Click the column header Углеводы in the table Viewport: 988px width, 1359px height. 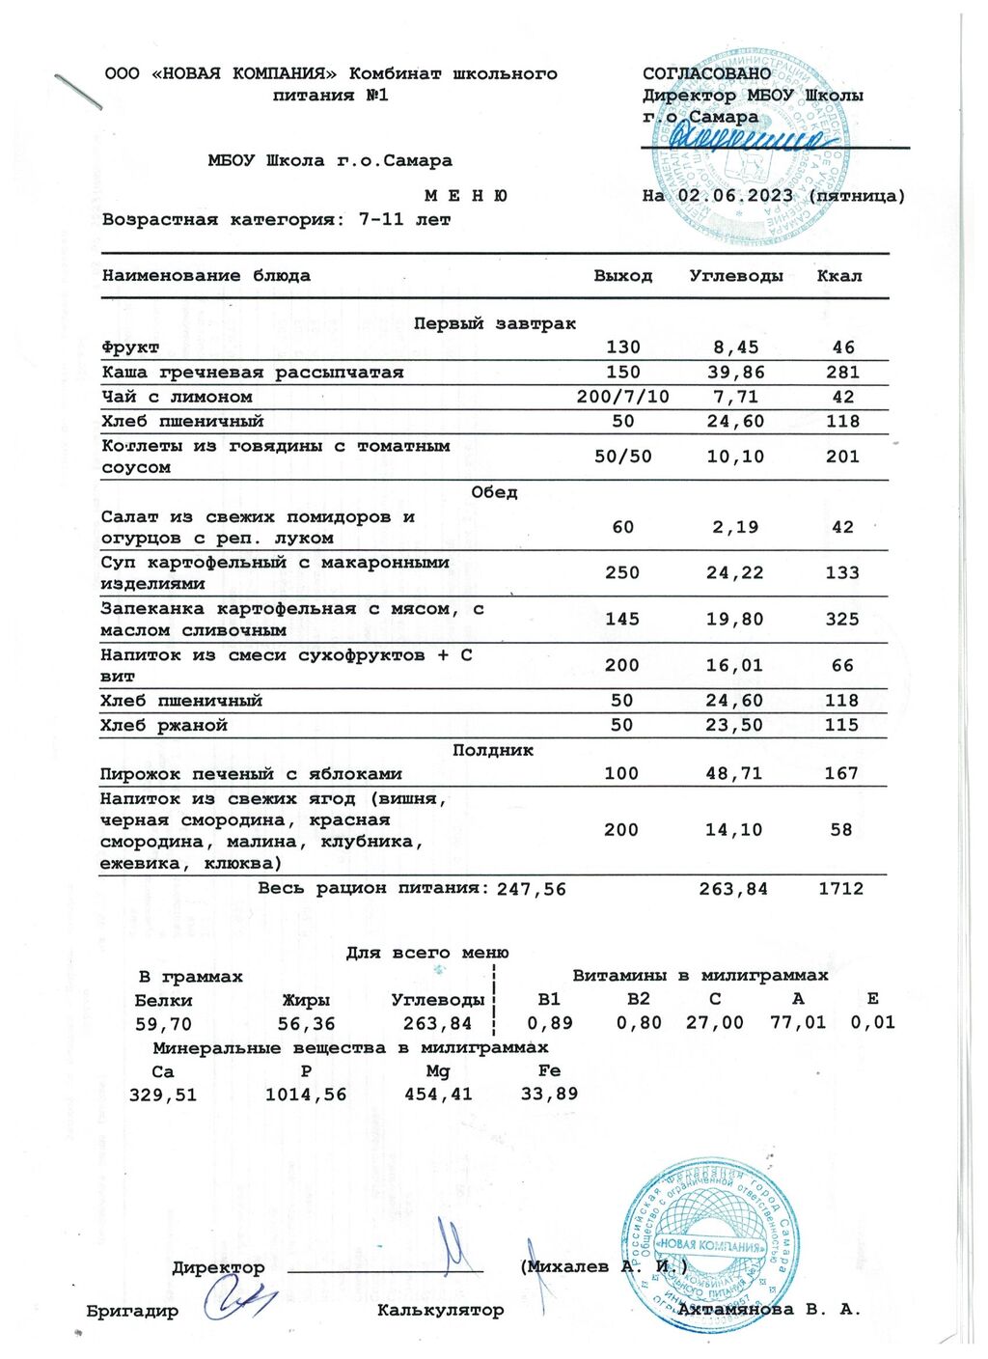pyautogui.click(x=736, y=276)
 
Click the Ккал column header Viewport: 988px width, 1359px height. pyautogui.click(x=839, y=276)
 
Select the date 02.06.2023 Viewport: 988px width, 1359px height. pyautogui.click(x=735, y=196)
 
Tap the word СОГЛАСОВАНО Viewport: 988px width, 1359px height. pyautogui.click(x=707, y=73)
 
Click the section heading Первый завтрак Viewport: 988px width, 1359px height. pyautogui.click(x=494, y=324)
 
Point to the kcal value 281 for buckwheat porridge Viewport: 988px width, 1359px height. pyautogui.click(x=842, y=373)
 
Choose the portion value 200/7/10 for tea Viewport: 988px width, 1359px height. pyautogui.click(x=622, y=397)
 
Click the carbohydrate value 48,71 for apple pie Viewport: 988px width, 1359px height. pyautogui.click(x=734, y=774)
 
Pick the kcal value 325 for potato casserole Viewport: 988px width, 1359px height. pyautogui.click(x=842, y=619)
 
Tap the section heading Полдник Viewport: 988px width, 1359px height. pyautogui.click(x=493, y=750)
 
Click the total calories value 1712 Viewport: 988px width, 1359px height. pyautogui.click(x=841, y=889)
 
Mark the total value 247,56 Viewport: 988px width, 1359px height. pyautogui.click(x=531, y=890)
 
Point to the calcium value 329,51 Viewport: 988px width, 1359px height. pyautogui.click(x=163, y=1096)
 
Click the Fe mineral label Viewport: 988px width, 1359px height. pyautogui.click(x=549, y=1071)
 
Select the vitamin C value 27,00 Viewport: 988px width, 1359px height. pyautogui.click(x=715, y=1023)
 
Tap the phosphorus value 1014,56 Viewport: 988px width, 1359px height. pyautogui.click(x=306, y=1096)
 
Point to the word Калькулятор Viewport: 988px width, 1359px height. pyautogui.click(x=441, y=1311)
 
